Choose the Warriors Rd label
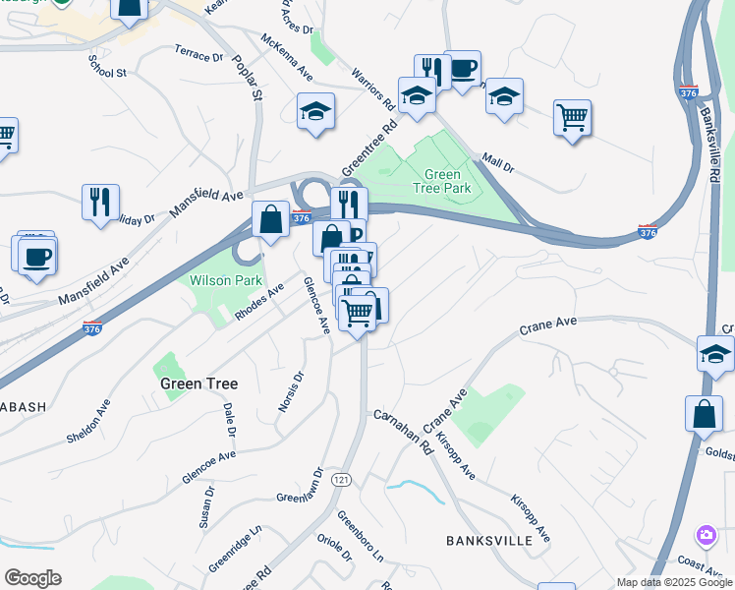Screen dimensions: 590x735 (x=374, y=89)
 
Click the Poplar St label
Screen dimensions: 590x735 (x=248, y=78)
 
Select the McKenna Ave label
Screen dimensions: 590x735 (x=287, y=56)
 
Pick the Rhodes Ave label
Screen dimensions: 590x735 (x=258, y=302)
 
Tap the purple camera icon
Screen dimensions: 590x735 (x=706, y=536)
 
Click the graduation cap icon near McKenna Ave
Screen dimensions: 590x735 (x=316, y=110)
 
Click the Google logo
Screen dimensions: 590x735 (x=32, y=578)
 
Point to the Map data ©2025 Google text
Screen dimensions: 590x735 (x=674, y=582)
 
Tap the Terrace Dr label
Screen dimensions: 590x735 (x=198, y=51)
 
